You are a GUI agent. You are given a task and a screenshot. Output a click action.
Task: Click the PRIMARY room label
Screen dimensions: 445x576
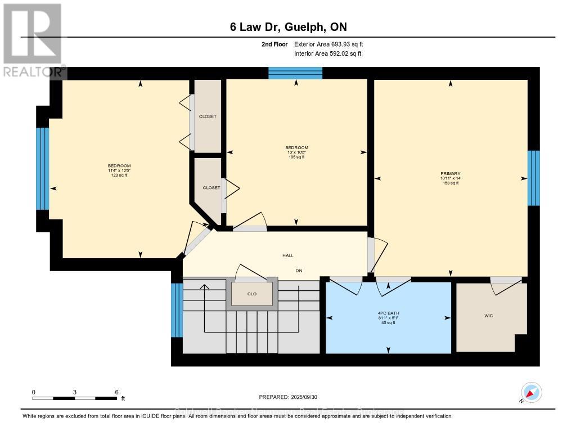pyautogui.click(x=451, y=173)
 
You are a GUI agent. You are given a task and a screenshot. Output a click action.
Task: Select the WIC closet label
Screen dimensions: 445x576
pyautogui.click(x=488, y=316)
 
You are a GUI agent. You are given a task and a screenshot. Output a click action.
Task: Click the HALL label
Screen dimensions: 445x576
pyautogui.click(x=287, y=255)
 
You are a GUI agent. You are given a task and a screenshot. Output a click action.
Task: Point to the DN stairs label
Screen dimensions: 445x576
pyautogui.click(x=299, y=271)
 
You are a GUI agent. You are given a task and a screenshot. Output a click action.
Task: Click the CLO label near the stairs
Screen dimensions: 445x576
pyautogui.click(x=252, y=294)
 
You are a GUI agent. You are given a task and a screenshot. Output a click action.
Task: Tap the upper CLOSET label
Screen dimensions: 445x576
pyautogui.click(x=208, y=116)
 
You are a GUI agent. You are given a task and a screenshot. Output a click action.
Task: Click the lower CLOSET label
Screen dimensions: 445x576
pyautogui.click(x=211, y=187)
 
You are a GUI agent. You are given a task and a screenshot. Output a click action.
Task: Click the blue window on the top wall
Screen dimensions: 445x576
pyautogui.click(x=295, y=73)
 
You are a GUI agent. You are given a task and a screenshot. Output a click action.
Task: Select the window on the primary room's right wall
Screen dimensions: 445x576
pyautogui.click(x=533, y=178)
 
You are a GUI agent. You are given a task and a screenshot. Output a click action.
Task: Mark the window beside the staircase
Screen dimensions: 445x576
pyautogui.click(x=177, y=309)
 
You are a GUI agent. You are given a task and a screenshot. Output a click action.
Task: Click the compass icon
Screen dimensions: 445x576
pyautogui.click(x=531, y=392)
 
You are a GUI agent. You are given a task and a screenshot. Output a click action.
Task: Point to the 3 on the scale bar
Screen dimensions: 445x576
pyautogui.click(x=75, y=392)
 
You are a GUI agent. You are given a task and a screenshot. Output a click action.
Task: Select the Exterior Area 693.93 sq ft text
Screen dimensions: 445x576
pyautogui.click(x=332, y=44)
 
